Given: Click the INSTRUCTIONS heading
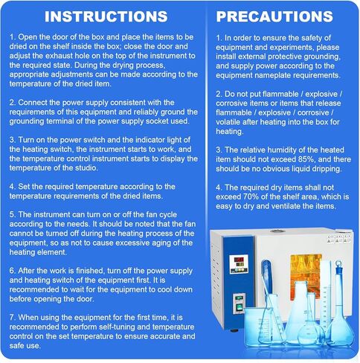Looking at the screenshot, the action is point(106,16).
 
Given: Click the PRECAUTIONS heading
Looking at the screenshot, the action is point(274,16).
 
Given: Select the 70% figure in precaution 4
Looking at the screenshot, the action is point(251,196).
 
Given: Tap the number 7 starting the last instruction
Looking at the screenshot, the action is point(12,318).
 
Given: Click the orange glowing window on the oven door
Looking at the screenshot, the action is point(306,273).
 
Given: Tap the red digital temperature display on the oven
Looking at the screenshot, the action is point(239,260).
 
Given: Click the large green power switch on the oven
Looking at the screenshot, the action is point(239,308).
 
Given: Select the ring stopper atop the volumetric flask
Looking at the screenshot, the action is point(338,264).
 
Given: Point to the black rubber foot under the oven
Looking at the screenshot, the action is point(234,330).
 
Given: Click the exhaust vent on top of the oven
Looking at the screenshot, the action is point(277,231).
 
